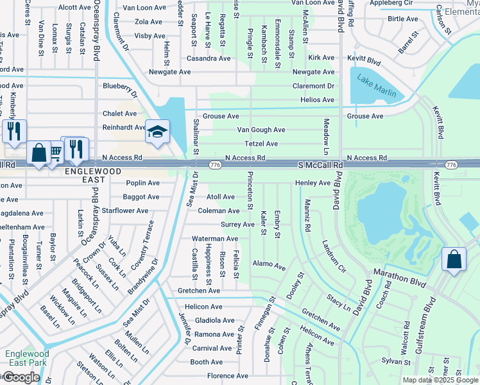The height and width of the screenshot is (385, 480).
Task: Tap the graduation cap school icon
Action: pyautogui.click(x=157, y=132)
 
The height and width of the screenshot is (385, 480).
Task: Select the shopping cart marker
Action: pyautogui.click(x=55, y=151)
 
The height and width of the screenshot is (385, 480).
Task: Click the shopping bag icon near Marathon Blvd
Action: pyautogui.click(x=454, y=260)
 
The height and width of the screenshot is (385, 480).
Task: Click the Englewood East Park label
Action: pyautogui.click(x=26, y=358)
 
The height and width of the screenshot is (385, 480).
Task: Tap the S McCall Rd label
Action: pyautogui.click(x=321, y=165)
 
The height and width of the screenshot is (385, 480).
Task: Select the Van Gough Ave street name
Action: pyautogui.click(x=261, y=130)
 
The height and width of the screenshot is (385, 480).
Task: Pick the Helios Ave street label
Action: pyautogui.click(x=318, y=100)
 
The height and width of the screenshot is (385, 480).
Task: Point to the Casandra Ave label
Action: pyautogui.click(x=209, y=58)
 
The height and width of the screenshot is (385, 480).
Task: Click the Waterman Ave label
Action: pyautogui.click(x=215, y=239)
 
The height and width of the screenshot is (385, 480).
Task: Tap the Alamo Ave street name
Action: pyautogui.click(x=269, y=264)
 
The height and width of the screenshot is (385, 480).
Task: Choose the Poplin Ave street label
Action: pyautogui.click(x=143, y=183)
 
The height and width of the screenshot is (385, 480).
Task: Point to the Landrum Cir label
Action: pyautogui.click(x=333, y=255)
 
